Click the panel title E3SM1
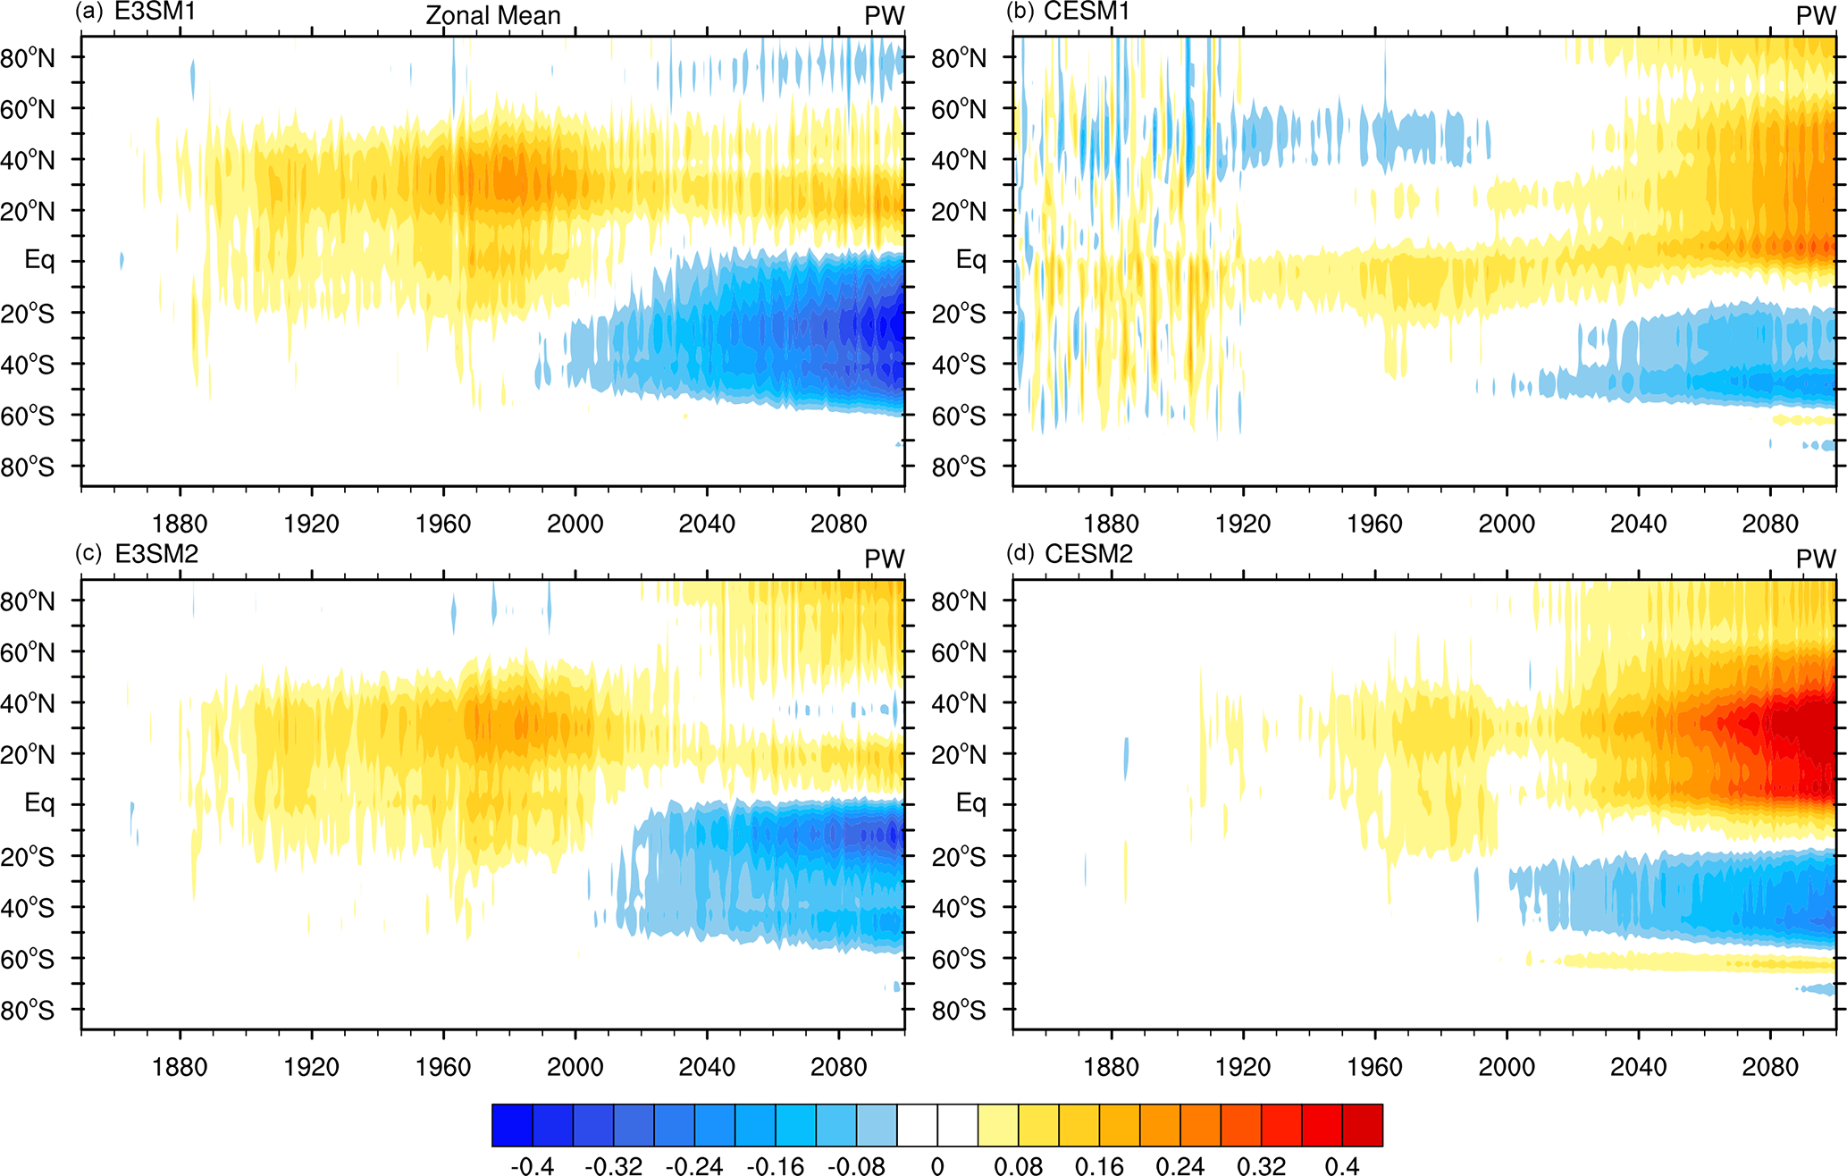pos(155,12)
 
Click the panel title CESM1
pos(1087,12)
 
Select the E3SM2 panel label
pos(156,554)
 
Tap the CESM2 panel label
pos(1088,554)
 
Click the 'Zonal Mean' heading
pos(493,15)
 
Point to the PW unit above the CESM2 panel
pos(1816,559)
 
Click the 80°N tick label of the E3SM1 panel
pos(28,58)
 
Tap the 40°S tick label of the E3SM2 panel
pos(28,908)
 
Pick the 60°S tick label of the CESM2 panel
pos(959,959)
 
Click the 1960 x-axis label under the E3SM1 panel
pos(443,523)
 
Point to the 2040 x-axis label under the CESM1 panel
pos(1638,523)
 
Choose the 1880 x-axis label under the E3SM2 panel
pos(180,1066)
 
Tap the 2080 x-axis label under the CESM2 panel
pos(1769,1066)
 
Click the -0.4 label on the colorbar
pos(532,1165)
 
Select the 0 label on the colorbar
pos(937,1165)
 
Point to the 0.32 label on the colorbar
pos(1261,1165)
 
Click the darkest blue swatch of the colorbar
pos(512,1125)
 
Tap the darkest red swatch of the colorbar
pos(1362,1125)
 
